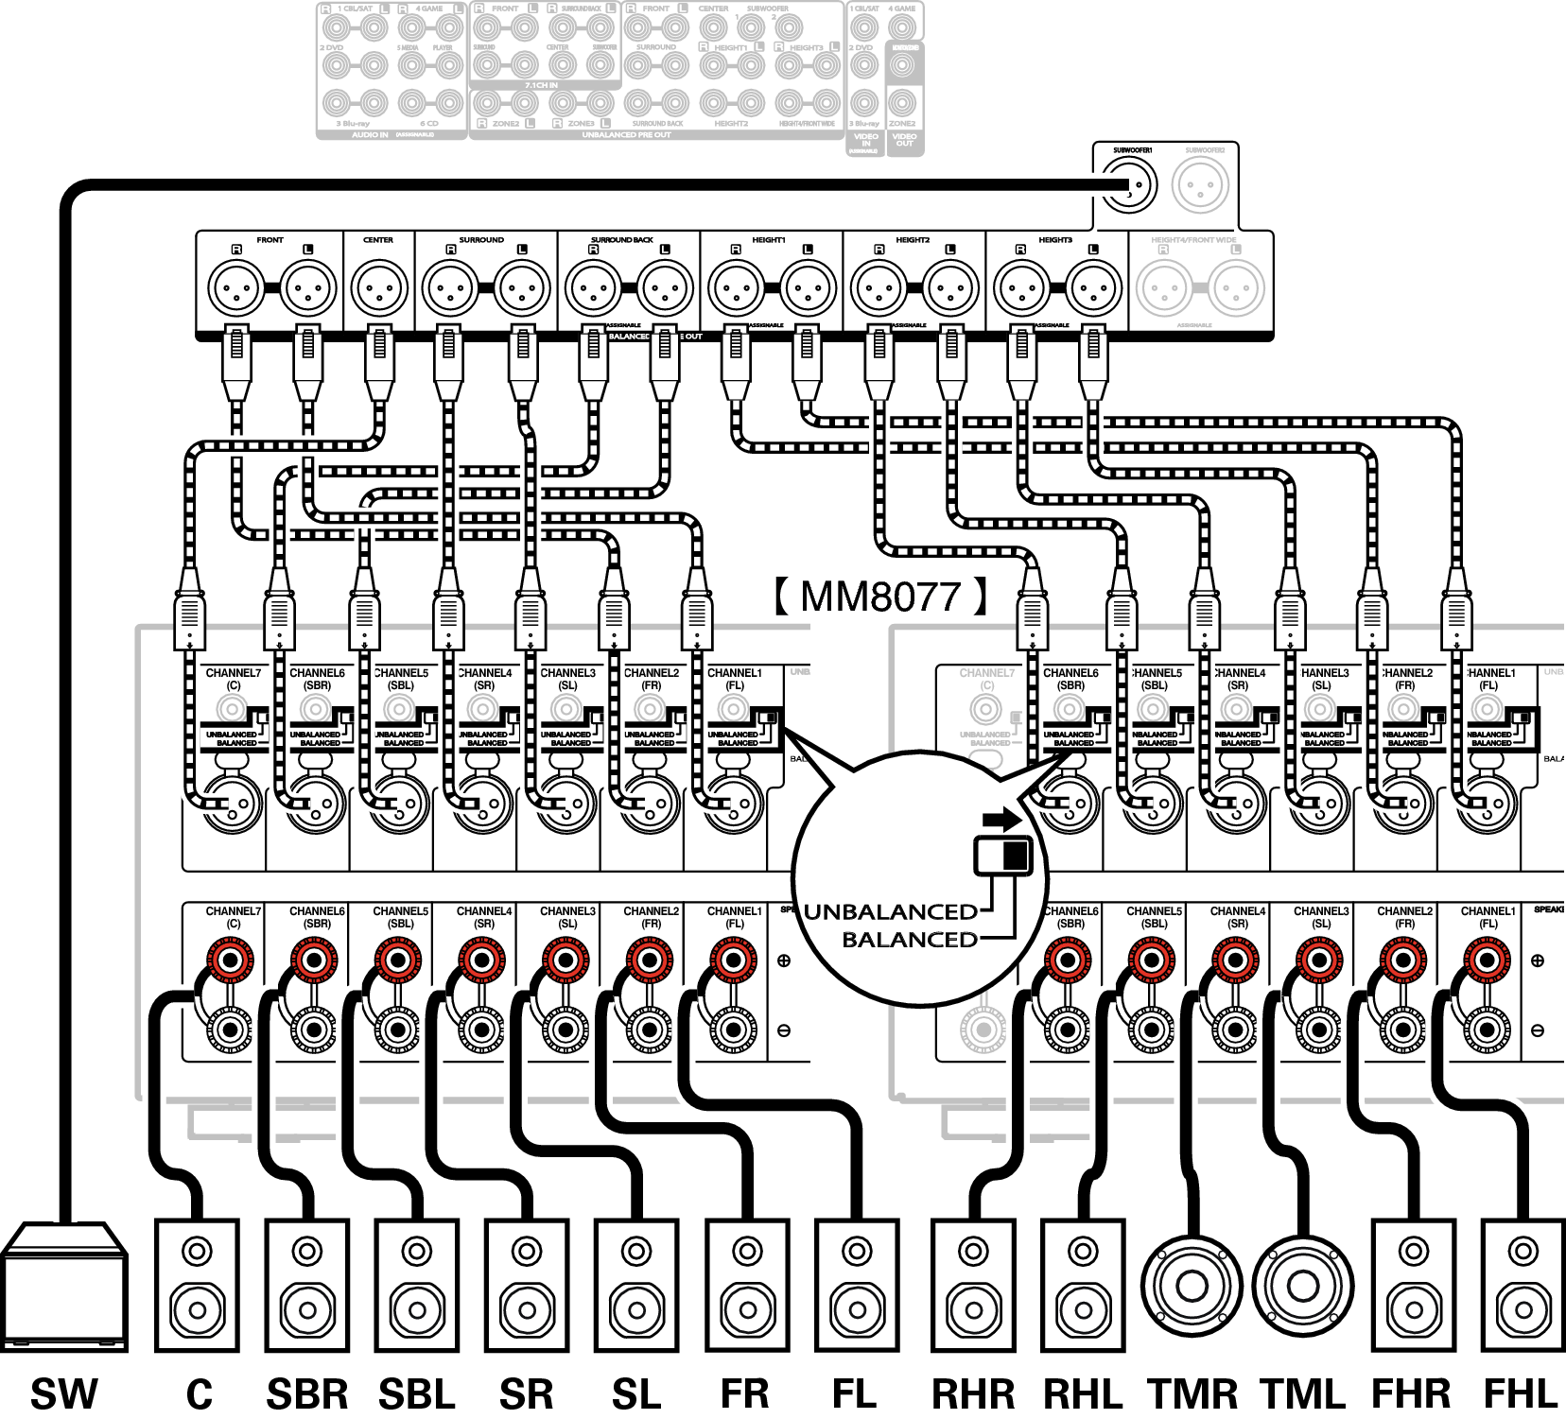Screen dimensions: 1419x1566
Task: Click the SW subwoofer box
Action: point(64,1286)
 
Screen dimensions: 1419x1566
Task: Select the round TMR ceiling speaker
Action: point(1191,1286)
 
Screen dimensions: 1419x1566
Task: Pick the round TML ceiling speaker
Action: point(1303,1286)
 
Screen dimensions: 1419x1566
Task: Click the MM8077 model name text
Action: point(880,597)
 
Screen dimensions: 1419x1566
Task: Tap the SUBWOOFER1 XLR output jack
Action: point(1131,186)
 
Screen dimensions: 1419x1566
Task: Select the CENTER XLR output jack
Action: point(379,288)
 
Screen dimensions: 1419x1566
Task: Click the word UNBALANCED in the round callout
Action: point(890,912)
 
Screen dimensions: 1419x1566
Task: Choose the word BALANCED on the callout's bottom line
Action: point(910,940)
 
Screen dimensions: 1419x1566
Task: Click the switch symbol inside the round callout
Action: point(1003,855)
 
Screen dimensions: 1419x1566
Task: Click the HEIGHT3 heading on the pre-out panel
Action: point(1055,240)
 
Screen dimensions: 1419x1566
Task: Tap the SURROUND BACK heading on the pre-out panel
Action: point(621,240)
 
